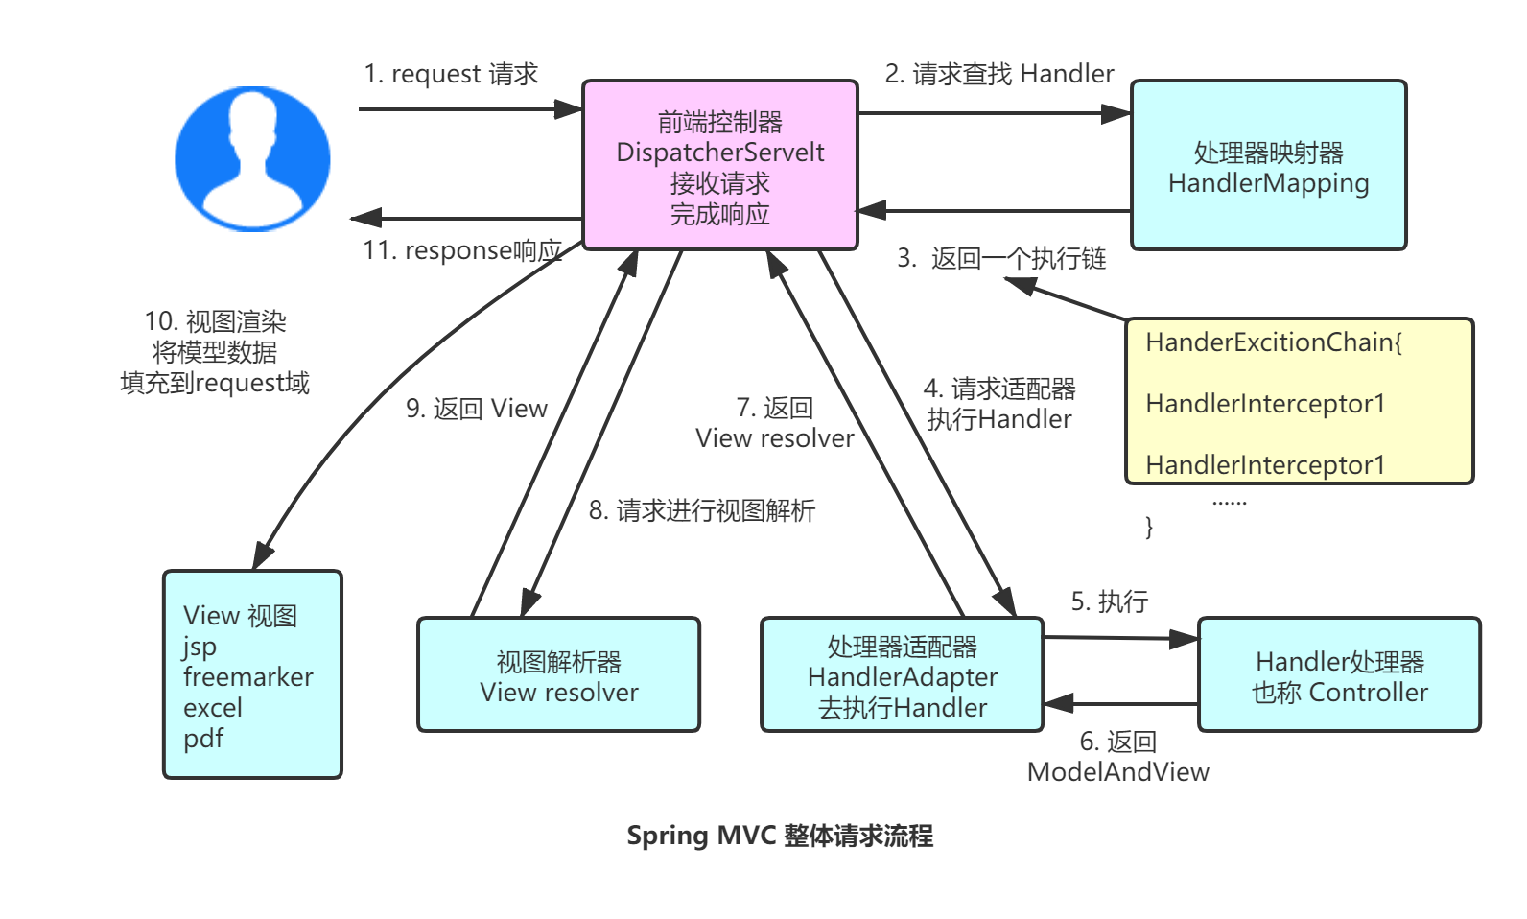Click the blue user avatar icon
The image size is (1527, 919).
click(252, 158)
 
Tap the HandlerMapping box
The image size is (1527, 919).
click(1268, 165)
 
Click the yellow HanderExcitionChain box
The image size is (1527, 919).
click(1299, 401)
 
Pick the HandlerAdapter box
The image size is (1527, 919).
click(902, 675)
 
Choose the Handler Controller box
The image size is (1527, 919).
click(1339, 675)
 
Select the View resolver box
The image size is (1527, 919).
click(558, 675)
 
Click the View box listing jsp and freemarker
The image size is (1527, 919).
click(252, 674)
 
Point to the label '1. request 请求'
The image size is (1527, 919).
click(450, 74)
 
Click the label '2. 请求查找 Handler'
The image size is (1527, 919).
click(998, 74)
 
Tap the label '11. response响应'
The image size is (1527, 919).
click(461, 250)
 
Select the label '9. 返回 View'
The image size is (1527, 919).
click(476, 409)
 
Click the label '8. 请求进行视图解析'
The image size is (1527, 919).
click(701, 510)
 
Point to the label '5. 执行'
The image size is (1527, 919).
click(1109, 601)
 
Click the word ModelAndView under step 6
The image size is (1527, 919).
click(1117, 772)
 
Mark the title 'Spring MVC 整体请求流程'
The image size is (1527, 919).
click(779, 836)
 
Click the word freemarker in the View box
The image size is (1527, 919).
click(247, 677)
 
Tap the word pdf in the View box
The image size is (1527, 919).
click(203, 739)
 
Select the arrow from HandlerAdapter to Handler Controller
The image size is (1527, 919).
click(1120, 638)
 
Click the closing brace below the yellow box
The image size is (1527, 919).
click(1148, 527)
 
